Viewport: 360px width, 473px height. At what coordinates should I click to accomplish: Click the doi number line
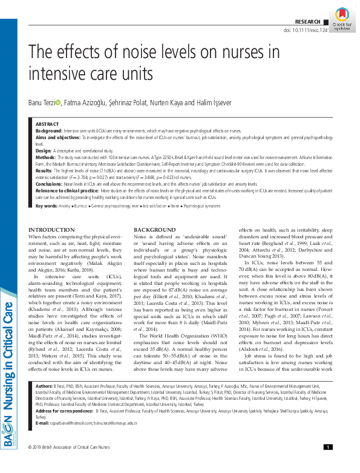point(309,30)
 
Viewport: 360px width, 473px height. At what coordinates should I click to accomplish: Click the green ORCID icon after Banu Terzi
point(58,103)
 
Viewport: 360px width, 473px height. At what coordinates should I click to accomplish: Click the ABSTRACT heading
point(48,123)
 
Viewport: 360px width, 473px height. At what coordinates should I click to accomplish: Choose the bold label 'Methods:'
point(47,156)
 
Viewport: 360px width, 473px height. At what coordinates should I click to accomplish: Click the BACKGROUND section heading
point(155,230)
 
